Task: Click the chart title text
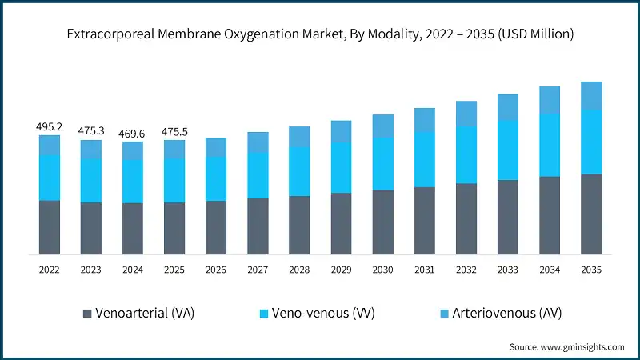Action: pos(320,35)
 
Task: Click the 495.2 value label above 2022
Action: pos(50,127)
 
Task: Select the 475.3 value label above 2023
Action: pos(91,131)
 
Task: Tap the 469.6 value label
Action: pos(133,134)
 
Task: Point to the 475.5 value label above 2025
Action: pos(174,131)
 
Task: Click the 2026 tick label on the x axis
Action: pos(216,270)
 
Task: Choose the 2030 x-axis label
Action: pos(382,270)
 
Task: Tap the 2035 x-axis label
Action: pos(590,270)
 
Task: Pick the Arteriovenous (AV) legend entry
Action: pos(497,313)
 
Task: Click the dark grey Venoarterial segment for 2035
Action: pos(590,214)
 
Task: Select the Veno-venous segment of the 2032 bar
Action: pos(466,154)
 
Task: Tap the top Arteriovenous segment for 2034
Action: pos(549,99)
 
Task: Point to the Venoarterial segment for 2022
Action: pos(50,227)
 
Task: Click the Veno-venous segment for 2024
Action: pos(133,181)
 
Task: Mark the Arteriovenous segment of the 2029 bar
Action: pos(341,131)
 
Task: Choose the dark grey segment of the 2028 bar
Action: pos(299,225)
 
